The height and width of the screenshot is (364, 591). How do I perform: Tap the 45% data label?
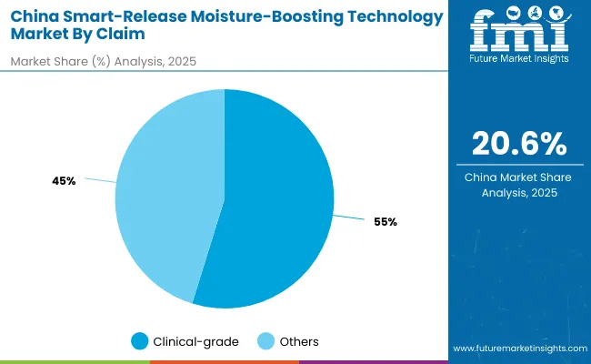tap(64, 181)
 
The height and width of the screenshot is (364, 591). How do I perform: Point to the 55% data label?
tap(385, 222)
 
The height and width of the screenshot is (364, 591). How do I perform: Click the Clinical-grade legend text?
tap(196, 341)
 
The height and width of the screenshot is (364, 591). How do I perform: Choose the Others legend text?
tap(298, 341)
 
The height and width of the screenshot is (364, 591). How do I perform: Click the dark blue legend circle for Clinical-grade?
tap(139, 341)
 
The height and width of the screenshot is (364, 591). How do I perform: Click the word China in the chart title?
tap(36, 16)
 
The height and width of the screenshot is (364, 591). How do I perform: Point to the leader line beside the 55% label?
tap(348, 218)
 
